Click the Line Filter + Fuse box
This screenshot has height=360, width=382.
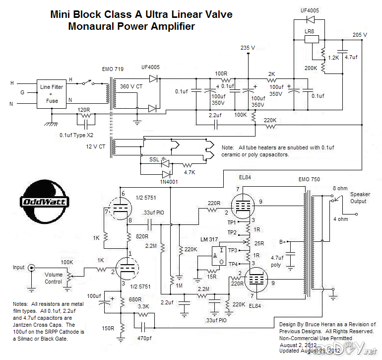point(52,94)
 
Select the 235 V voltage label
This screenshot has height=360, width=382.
point(247,48)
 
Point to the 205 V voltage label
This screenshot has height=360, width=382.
point(360,35)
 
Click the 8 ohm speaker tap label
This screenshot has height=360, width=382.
point(341,189)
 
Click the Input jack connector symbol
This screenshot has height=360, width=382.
point(31,268)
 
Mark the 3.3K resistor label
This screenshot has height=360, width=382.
point(144,307)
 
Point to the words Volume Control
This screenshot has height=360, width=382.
point(54,278)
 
